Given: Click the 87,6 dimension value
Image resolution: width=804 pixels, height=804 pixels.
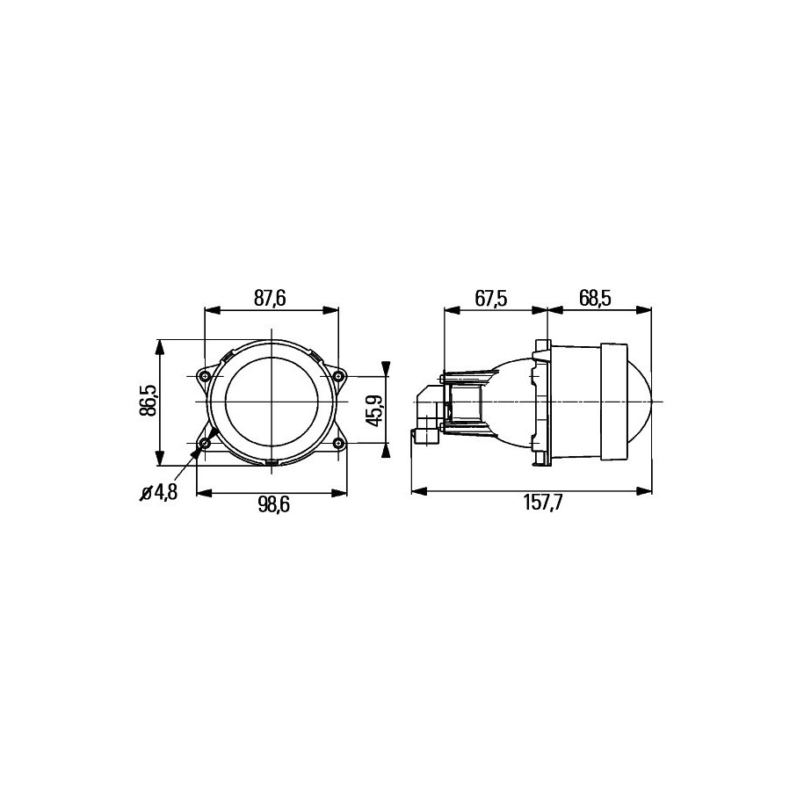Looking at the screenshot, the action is coord(270,299).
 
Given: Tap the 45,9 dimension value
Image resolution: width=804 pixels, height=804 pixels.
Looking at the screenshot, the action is coord(374,410).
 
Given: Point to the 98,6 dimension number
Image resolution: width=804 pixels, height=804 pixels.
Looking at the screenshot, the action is coord(274,504).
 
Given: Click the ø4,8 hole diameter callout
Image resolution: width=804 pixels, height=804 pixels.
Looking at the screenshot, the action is coord(159,493).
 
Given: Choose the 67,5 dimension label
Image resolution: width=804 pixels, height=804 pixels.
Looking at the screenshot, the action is coord(491,299).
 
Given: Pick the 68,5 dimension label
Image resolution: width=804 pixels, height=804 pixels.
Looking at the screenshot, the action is coord(595,299).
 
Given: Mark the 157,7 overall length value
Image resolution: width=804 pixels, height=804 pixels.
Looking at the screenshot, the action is coord(543,503).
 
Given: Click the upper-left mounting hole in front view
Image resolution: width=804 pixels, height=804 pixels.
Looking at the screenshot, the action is coord(205,377).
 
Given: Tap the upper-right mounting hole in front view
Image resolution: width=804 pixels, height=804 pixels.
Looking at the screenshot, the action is coord(337,377).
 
